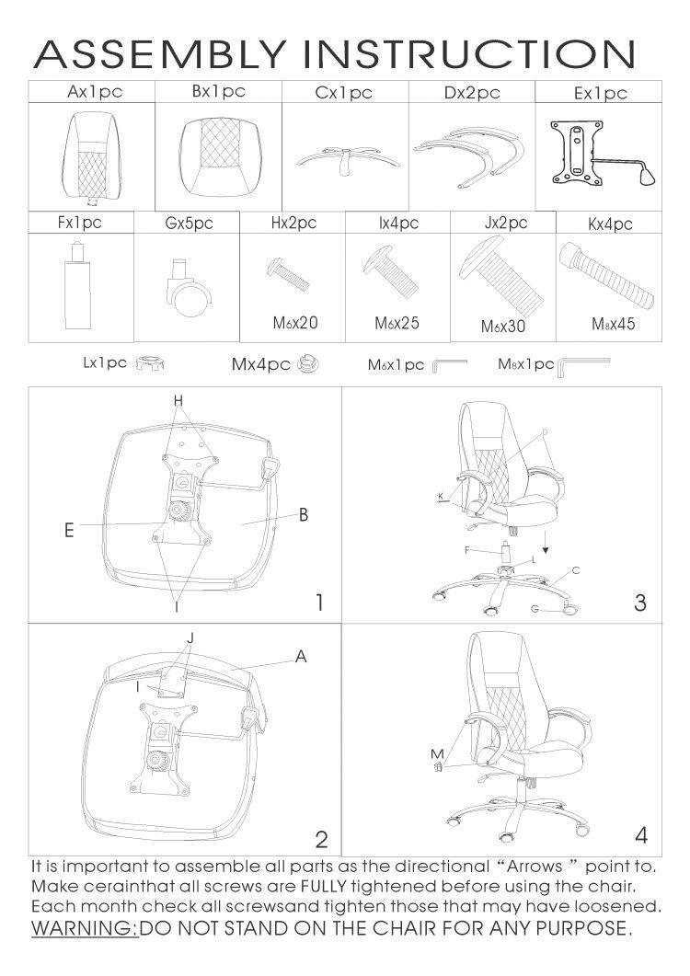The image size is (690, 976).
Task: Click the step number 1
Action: pos(318,603)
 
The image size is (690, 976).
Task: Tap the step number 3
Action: pos(640,603)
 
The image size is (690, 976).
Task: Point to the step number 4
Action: pos(641,835)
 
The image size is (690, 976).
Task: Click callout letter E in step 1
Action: pos(70,531)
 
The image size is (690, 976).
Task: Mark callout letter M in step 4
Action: pos(437,754)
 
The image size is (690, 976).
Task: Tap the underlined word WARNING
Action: pos(85,926)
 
